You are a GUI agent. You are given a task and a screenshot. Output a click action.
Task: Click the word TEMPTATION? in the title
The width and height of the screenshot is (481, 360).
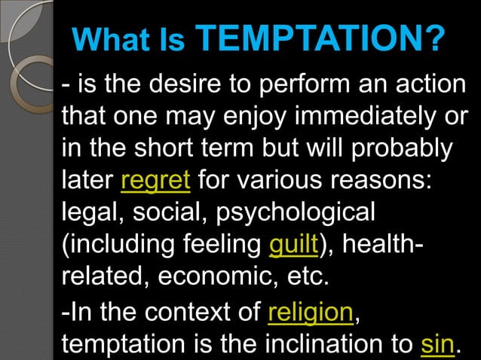[x=321, y=37]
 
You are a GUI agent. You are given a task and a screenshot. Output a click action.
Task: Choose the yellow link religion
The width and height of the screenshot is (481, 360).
[x=310, y=310]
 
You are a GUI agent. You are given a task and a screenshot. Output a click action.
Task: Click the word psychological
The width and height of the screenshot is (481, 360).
[x=296, y=213]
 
